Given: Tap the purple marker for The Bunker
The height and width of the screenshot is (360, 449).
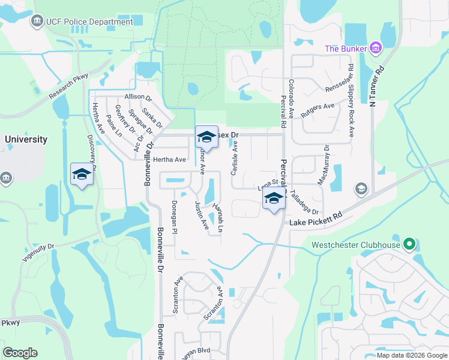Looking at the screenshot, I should (x=376, y=47).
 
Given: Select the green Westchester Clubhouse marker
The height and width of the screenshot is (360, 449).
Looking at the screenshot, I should (x=409, y=244).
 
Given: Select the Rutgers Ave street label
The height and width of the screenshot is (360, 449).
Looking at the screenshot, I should (x=318, y=110).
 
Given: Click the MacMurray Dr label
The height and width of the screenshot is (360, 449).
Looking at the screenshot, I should (x=327, y=161).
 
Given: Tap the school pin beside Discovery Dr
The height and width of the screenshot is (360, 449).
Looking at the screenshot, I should (x=82, y=175).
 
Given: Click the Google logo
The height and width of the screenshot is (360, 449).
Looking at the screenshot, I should (x=20, y=353).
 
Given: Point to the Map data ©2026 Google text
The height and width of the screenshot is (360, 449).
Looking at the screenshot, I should (x=411, y=355).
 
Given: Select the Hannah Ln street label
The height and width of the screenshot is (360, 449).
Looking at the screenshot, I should (x=217, y=219).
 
